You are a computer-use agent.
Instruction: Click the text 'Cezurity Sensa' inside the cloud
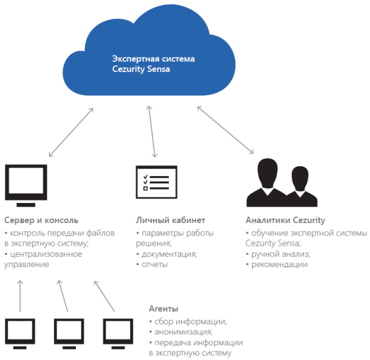point(141,70)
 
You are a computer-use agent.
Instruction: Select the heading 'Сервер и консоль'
point(41,220)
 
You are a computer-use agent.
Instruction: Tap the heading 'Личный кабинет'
point(170,220)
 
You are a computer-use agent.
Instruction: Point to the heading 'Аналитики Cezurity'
point(285,220)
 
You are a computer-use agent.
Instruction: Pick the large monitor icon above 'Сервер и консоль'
point(26,185)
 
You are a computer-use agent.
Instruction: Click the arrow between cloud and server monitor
point(71,133)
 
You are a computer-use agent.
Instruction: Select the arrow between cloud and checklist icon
point(150,131)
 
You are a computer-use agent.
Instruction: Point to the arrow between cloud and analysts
point(225,130)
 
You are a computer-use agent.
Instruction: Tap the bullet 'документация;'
point(168,254)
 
